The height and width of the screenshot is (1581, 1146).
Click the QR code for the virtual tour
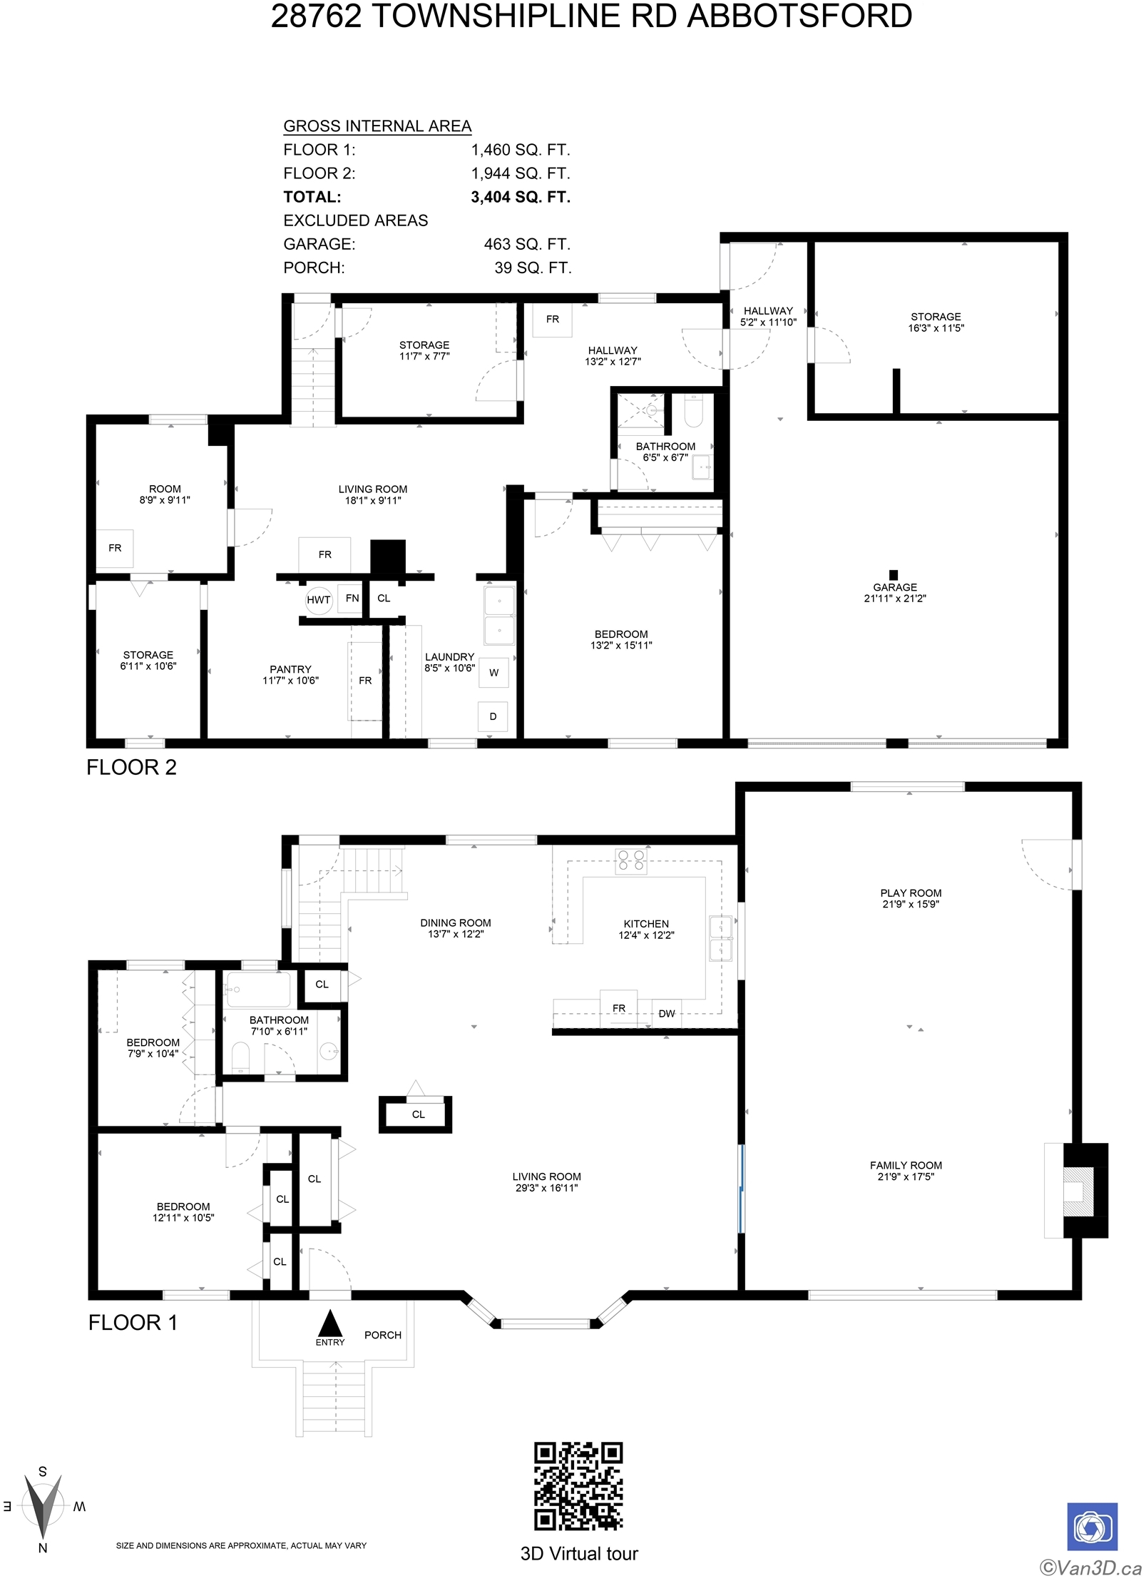click(x=578, y=1485)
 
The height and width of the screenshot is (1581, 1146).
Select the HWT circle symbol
click(x=318, y=600)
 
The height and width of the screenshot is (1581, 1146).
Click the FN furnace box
click(x=352, y=598)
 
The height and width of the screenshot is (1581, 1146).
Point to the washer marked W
click(x=493, y=672)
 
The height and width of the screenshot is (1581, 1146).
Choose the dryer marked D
click(x=493, y=716)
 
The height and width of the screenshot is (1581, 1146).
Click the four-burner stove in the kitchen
click(x=631, y=860)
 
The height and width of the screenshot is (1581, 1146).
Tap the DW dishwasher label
click(x=666, y=1013)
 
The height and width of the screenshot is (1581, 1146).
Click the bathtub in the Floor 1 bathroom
click(x=258, y=990)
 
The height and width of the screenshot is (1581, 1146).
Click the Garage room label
click(x=895, y=587)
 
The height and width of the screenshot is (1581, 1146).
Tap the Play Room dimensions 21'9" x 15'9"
click(x=911, y=904)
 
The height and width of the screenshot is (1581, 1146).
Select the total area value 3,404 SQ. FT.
click(x=521, y=197)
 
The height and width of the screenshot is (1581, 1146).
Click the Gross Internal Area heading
click(x=377, y=126)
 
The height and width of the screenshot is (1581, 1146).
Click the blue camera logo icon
click(x=1092, y=1527)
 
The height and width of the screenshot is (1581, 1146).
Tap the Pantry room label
click(x=290, y=669)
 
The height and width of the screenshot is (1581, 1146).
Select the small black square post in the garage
click(x=893, y=574)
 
